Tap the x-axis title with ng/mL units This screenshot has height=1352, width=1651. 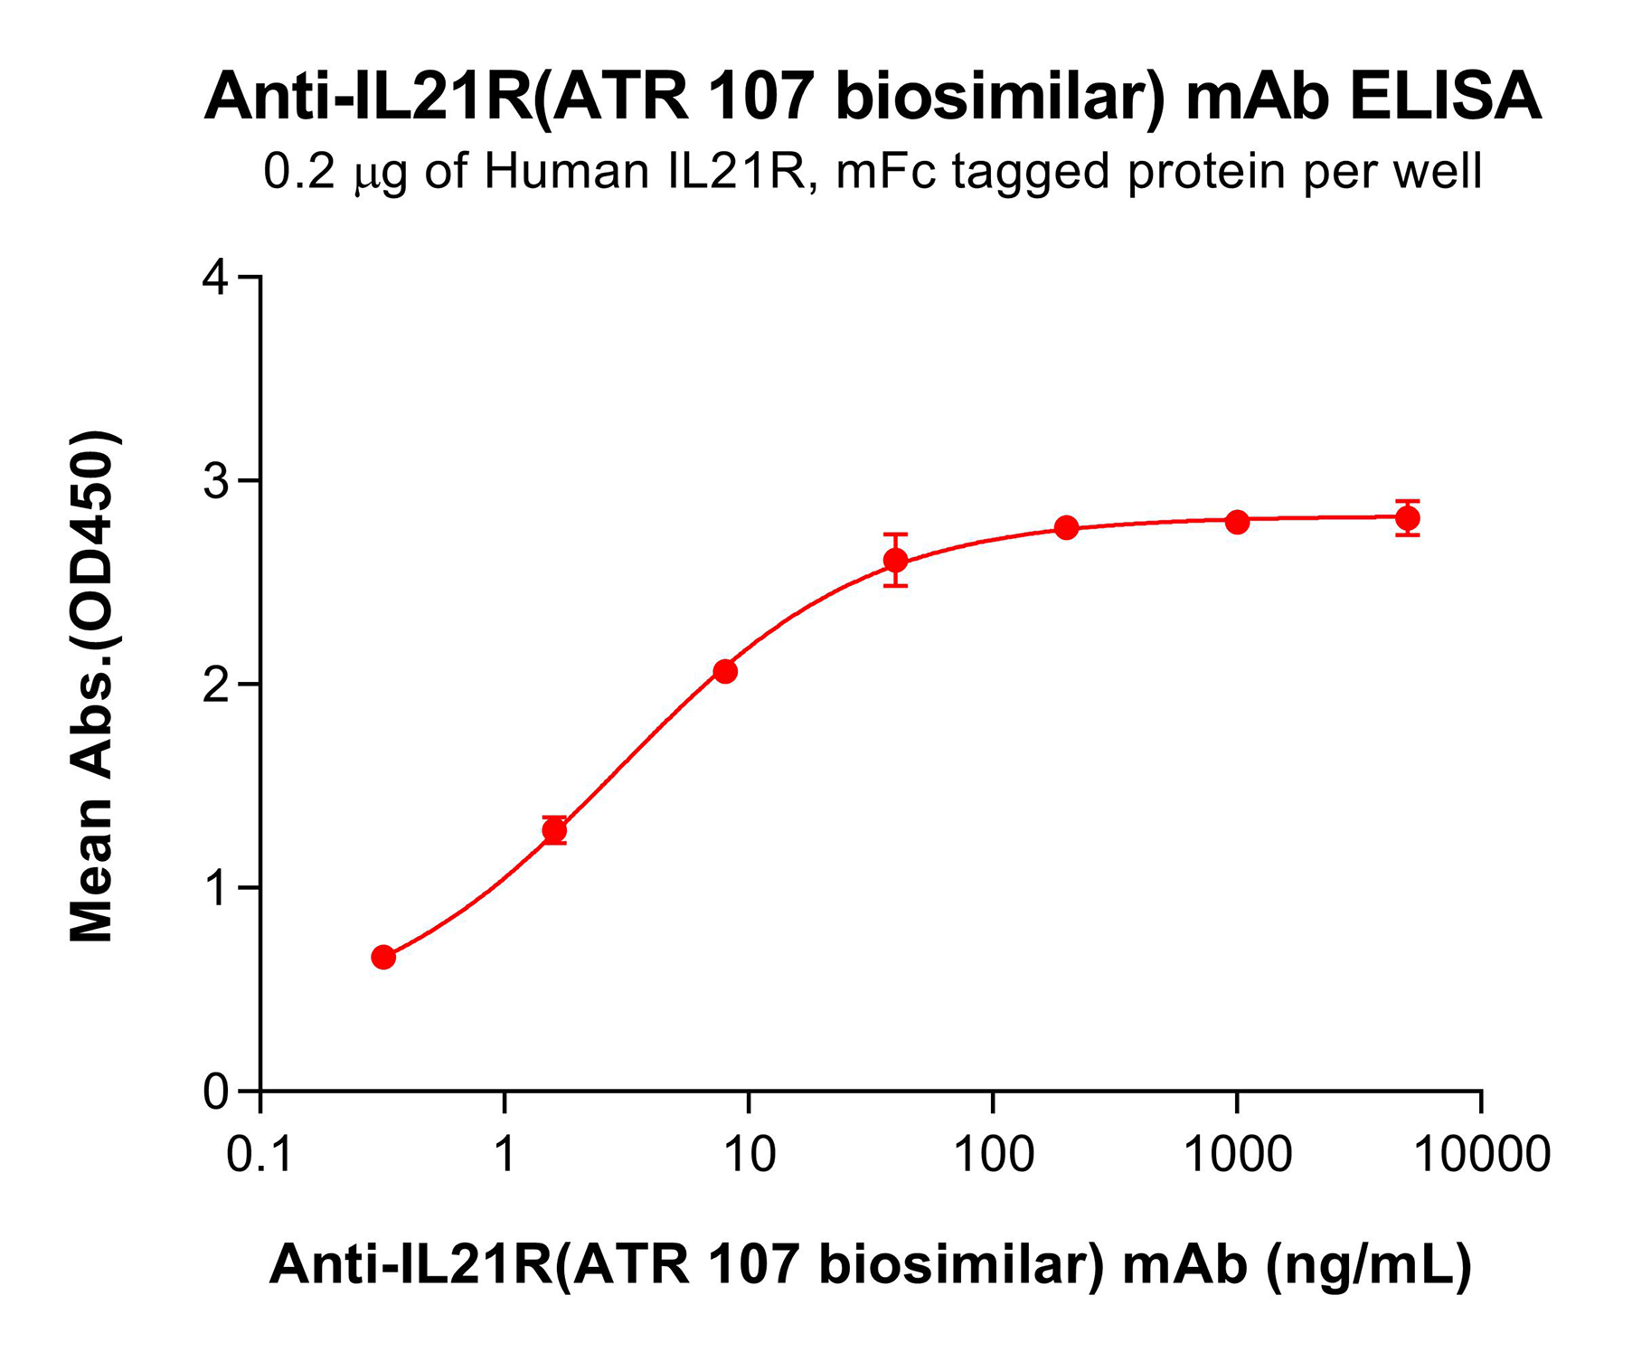pyautogui.click(x=870, y=1263)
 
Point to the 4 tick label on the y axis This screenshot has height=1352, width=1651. pyautogui.click(x=216, y=277)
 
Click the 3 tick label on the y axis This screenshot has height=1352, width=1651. pyautogui.click(x=216, y=481)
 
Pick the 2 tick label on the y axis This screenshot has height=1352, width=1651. pyautogui.click(x=216, y=685)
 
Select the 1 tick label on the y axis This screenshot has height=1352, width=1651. pyautogui.click(x=216, y=888)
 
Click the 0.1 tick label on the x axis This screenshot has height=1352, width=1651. pyautogui.click(x=259, y=1155)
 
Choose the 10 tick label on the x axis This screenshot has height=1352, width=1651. pyautogui.click(x=749, y=1155)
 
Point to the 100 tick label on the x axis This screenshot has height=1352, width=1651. pyautogui.click(x=993, y=1155)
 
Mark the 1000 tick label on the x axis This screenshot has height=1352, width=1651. pyautogui.click(x=1237, y=1155)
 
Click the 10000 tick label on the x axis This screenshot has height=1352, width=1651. pyautogui.click(x=1481, y=1155)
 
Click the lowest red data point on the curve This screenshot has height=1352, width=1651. pyautogui.click(x=383, y=957)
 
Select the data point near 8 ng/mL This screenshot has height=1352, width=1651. pyautogui.click(x=725, y=671)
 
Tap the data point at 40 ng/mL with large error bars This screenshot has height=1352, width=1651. pyautogui.click(x=895, y=560)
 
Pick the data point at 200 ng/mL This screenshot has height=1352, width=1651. pyautogui.click(x=1067, y=527)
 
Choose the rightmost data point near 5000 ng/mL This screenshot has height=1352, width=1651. pyautogui.click(x=1408, y=518)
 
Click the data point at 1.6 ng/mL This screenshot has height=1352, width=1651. pyautogui.click(x=554, y=829)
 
